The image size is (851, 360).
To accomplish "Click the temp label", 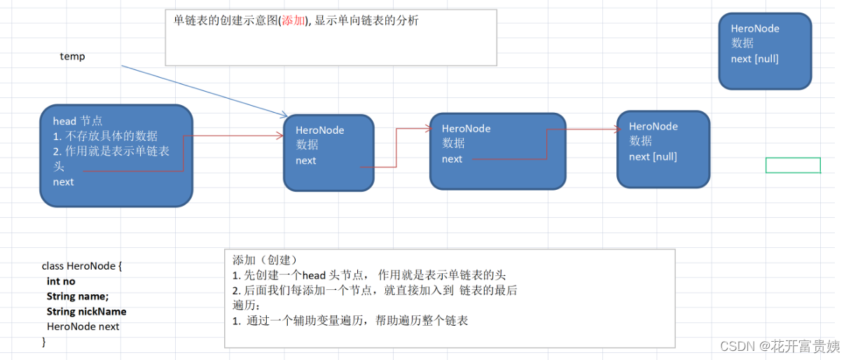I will click(x=72, y=56).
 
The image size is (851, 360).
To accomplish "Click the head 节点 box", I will click(x=116, y=155).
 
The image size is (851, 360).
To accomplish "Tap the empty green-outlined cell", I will click(x=793, y=165).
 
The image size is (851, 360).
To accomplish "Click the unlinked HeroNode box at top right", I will click(x=765, y=51).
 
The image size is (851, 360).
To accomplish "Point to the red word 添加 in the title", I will click(x=293, y=20).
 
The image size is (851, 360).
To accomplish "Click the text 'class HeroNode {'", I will click(x=82, y=266).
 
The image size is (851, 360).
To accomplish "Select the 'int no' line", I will click(x=61, y=281).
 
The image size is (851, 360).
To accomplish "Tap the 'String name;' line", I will click(x=78, y=296).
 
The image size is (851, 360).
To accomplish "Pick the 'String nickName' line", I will click(x=87, y=312).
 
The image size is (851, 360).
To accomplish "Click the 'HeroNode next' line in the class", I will click(x=83, y=326).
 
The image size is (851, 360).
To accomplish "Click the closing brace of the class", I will click(x=44, y=341).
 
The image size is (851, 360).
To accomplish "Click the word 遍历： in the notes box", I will click(x=247, y=305).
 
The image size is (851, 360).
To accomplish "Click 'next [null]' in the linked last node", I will click(x=653, y=157).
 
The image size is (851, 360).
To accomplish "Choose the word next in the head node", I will click(x=63, y=182).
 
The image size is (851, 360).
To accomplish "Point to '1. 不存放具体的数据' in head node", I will click(x=105, y=136).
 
